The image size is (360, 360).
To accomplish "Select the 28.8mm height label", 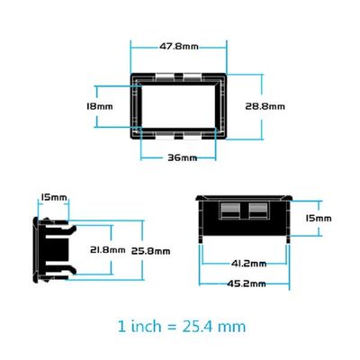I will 265,105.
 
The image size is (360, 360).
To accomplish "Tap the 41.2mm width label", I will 248,264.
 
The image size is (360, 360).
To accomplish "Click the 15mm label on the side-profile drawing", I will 53,197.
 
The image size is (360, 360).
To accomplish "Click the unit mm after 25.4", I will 233,326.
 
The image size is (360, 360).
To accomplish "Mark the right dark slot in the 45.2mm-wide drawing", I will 258,213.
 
